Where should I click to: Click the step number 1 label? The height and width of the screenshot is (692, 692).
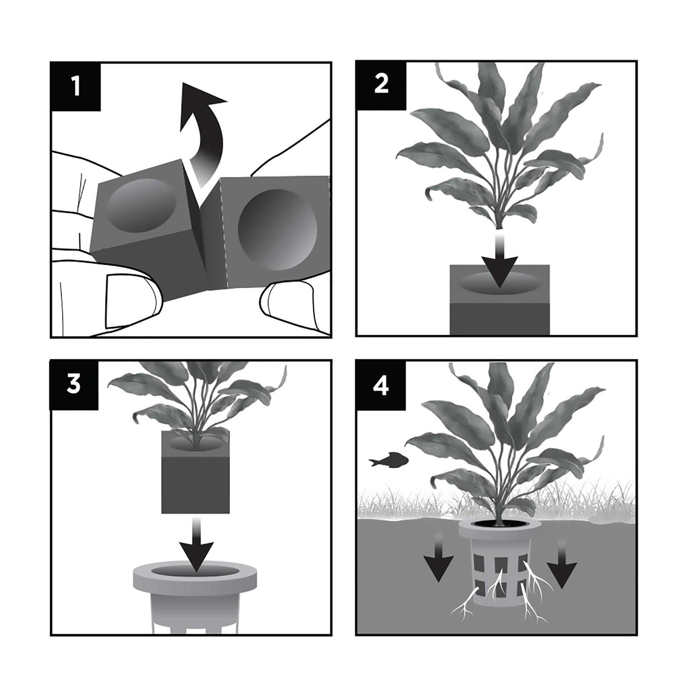76,86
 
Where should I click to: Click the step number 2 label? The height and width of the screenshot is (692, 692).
381,84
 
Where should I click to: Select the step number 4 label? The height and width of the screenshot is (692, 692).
381,385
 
